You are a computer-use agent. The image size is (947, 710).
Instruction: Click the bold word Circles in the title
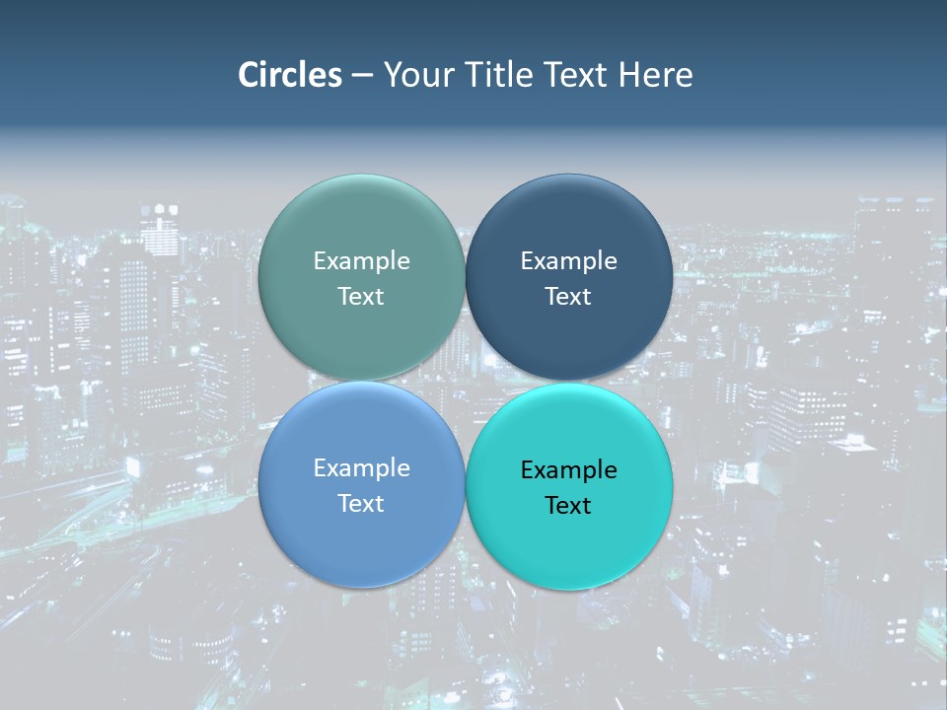point(290,75)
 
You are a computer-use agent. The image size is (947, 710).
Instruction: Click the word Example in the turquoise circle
point(568,469)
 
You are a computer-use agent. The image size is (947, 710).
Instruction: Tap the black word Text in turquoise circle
point(568,505)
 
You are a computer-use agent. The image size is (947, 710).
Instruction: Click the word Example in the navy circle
point(568,260)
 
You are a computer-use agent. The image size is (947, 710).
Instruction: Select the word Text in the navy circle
point(568,296)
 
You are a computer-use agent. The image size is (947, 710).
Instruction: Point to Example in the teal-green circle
point(361,260)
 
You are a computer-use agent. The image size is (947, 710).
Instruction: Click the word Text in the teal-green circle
point(361,296)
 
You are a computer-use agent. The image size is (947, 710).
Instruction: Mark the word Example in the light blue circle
point(361,467)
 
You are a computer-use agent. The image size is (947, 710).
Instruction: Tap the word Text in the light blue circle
point(361,503)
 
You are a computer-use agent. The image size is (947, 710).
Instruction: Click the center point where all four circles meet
point(465,381)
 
